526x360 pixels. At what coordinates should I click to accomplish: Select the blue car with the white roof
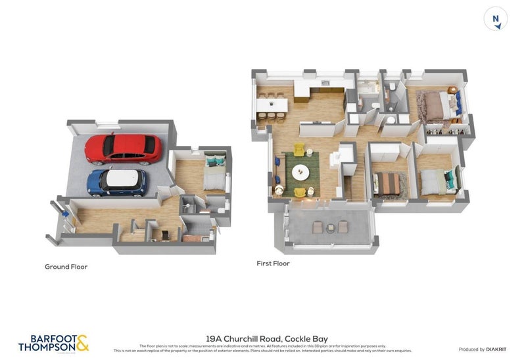point(117,182)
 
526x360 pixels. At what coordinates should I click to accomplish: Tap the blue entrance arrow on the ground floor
point(64,212)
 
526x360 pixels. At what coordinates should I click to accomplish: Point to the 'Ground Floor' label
point(66,267)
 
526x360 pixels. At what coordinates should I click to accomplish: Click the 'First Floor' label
point(273,263)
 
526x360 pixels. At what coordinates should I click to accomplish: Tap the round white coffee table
point(300,172)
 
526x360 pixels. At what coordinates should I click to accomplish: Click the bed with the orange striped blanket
point(387,183)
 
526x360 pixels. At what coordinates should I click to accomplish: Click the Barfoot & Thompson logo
point(53,342)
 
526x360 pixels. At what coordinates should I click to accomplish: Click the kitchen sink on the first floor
point(325,83)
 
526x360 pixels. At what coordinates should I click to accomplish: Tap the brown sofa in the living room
point(281,171)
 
